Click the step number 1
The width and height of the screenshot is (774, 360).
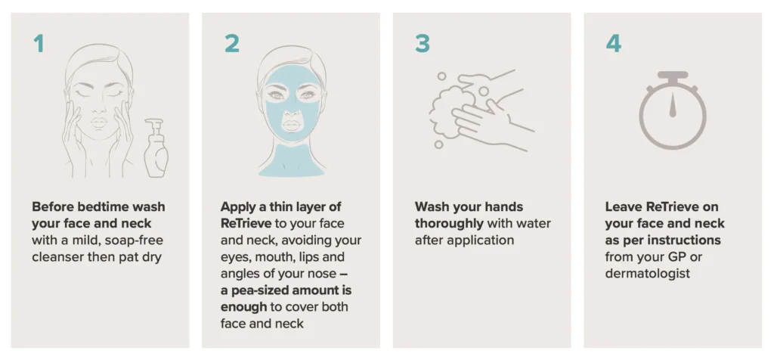point(39,43)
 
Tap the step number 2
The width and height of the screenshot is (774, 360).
point(231,43)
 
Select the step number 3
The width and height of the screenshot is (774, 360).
point(422,43)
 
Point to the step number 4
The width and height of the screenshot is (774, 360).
point(613,43)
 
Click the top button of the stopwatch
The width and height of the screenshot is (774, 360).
point(672,76)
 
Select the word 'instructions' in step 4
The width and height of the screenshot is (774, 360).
point(685,240)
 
